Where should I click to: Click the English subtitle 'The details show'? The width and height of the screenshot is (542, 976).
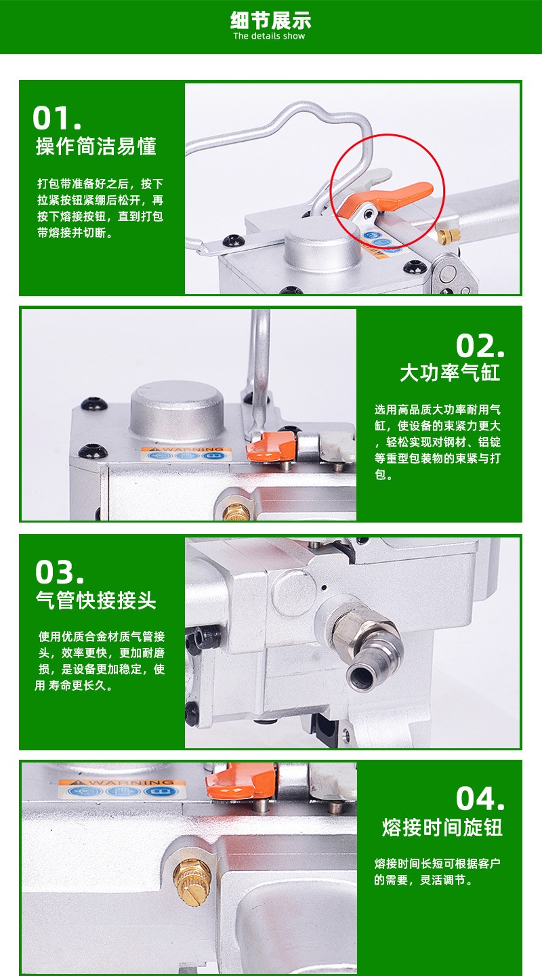coord(269,36)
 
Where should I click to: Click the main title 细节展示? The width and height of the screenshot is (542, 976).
coord(270,20)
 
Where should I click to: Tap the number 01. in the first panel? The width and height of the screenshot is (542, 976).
coord(57,118)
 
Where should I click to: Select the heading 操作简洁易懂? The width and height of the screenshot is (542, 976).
coord(96,146)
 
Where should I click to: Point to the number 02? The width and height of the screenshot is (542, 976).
coord(480,346)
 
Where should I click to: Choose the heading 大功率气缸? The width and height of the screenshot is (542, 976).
coord(450,373)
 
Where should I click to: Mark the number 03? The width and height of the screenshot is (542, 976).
coord(59,572)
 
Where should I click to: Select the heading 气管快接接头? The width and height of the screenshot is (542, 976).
coord(96,601)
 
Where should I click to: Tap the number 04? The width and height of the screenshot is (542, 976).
coord(480,798)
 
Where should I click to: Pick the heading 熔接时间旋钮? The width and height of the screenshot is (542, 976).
coord(442,827)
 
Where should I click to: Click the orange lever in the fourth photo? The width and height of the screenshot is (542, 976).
coord(241,783)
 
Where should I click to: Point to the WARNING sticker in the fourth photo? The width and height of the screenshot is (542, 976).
coord(122,788)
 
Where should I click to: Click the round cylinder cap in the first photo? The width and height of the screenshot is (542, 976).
coord(323,244)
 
